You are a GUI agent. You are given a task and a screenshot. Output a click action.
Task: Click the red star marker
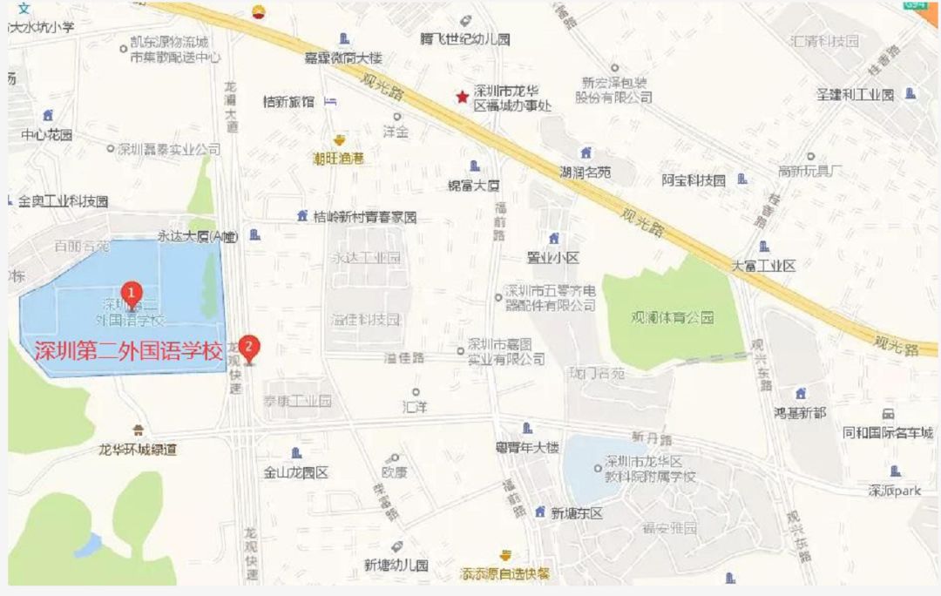(462, 97)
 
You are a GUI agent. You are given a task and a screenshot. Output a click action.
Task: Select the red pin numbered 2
(250, 347)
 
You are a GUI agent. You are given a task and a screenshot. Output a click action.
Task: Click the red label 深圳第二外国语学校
(129, 352)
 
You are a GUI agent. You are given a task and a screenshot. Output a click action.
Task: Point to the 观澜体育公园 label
(673, 317)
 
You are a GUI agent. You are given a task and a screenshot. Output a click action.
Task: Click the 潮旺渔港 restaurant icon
(339, 141)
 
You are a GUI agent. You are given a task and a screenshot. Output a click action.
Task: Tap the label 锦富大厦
(474, 185)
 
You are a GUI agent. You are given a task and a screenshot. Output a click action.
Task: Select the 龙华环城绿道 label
(138, 450)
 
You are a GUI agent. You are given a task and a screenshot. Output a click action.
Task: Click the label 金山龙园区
(295, 473)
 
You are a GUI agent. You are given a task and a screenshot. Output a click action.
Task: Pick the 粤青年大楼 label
(526, 448)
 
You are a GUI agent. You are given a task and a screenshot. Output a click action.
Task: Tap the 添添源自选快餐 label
(505, 574)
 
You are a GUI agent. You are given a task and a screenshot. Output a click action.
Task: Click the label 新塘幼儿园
(396, 565)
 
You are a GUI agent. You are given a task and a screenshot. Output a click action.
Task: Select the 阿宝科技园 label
(694, 180)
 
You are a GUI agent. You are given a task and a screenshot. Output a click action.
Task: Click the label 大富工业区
(763, 265)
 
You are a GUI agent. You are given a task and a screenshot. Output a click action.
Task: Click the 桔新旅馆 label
(288, 102)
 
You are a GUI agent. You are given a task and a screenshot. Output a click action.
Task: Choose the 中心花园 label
(47, 134)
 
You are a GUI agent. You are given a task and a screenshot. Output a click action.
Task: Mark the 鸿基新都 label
(800, 412)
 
